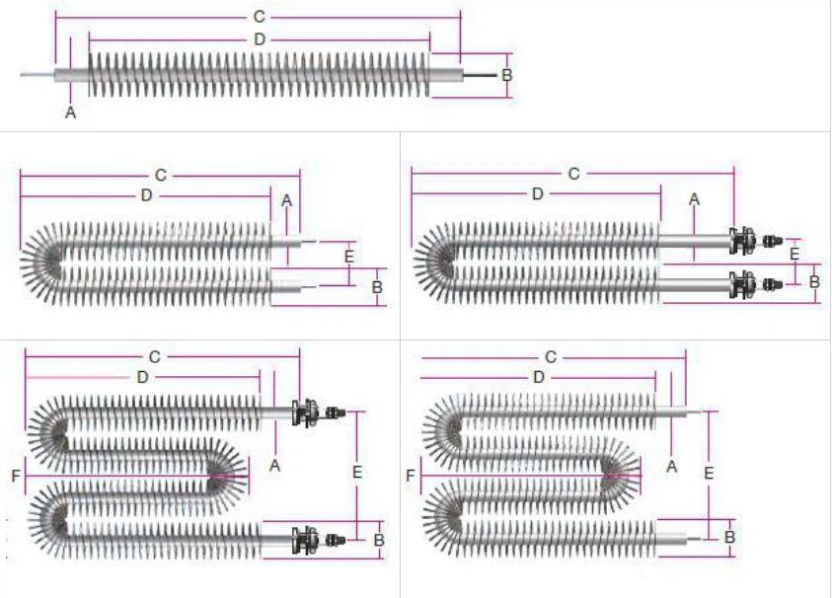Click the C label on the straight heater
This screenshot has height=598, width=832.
[259, 17]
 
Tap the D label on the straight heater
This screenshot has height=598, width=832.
[259, 39]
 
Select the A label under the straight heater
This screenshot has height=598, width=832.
[70, 112]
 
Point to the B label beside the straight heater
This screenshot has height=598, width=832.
[506, 75]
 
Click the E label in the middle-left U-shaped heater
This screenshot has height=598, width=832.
[347, 256]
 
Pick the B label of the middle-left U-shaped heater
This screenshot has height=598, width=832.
[377, 286]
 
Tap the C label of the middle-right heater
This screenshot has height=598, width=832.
[573, 174]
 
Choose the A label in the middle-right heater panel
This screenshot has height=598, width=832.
[694, 199]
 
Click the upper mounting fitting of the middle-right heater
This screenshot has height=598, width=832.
[742, 240]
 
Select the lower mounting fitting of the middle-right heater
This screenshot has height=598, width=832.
[742, 284]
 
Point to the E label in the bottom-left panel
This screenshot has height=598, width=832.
[356, 473]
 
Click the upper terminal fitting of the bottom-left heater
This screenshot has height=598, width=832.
[308, 411]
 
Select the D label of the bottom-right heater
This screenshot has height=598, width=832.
[538, 377]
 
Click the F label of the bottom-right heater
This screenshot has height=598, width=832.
[411, 477]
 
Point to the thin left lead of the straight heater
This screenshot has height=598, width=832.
[37, 74]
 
